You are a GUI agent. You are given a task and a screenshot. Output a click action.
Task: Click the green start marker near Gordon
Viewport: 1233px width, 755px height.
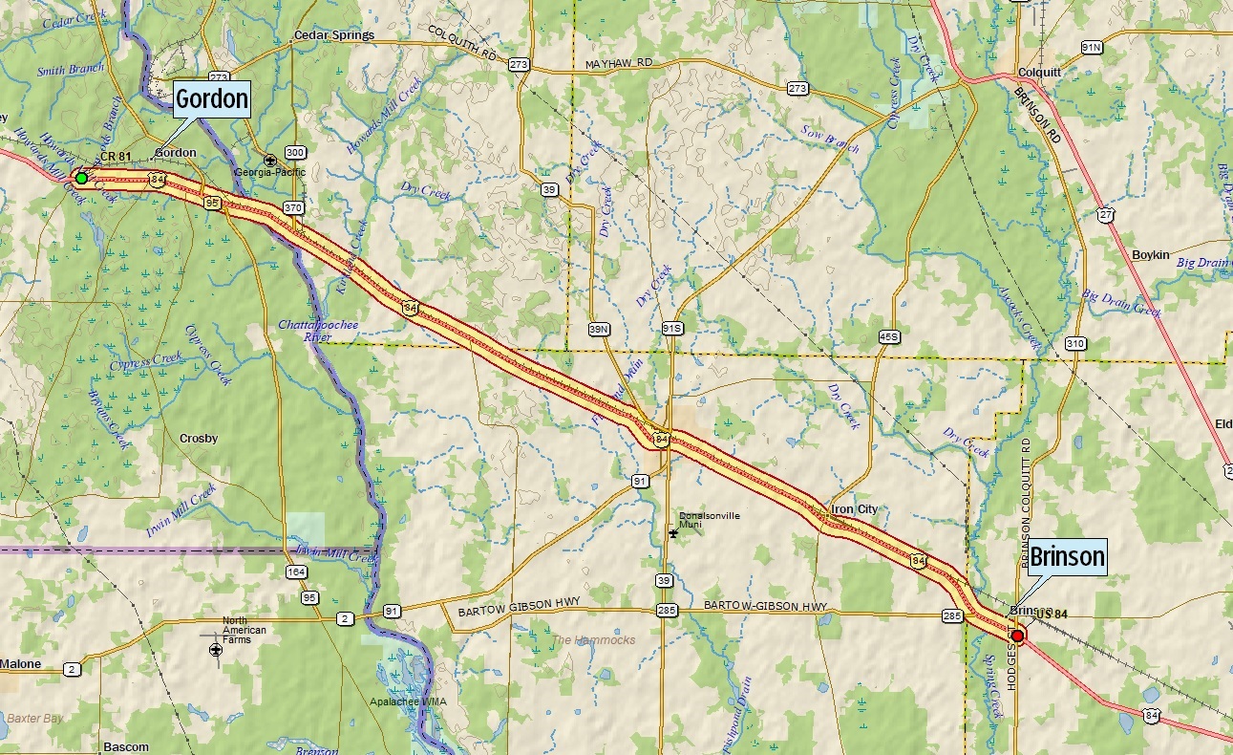tap(81, 178)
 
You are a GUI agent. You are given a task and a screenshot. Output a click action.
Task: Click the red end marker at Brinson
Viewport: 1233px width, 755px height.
tap(1017, 636)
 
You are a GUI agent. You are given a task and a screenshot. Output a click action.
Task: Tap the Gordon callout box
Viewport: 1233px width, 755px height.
tap(211, 98)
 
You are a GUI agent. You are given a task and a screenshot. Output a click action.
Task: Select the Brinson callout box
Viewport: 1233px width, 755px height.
tap(1067, 556)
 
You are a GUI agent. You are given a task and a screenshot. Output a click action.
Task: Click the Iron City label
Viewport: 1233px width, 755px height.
tap(854, 509)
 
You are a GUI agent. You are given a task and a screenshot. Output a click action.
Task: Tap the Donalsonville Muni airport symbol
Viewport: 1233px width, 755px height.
tap(673, 531)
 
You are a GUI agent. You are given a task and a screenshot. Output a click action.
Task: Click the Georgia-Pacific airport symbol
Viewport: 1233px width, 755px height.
tap(270, 160)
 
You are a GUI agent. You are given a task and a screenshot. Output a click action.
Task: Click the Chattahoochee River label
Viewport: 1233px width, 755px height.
tap(318, 331)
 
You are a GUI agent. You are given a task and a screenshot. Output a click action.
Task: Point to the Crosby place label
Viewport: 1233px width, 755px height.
tap(199, 439)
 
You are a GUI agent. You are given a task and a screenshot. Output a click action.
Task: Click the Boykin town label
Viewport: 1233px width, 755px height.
tap(1150, 254)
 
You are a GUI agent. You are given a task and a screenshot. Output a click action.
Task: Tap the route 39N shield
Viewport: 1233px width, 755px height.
tap(599, 330)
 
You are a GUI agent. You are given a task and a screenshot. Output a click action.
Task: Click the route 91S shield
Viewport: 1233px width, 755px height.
tap(672, 329)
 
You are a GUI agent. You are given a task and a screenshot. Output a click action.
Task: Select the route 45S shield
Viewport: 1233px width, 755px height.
tap(888, 336)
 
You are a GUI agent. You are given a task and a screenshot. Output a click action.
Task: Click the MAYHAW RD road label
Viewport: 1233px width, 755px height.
tap(617, 62)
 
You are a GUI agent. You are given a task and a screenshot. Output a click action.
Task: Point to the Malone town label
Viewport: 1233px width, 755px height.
tap(21, 663)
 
